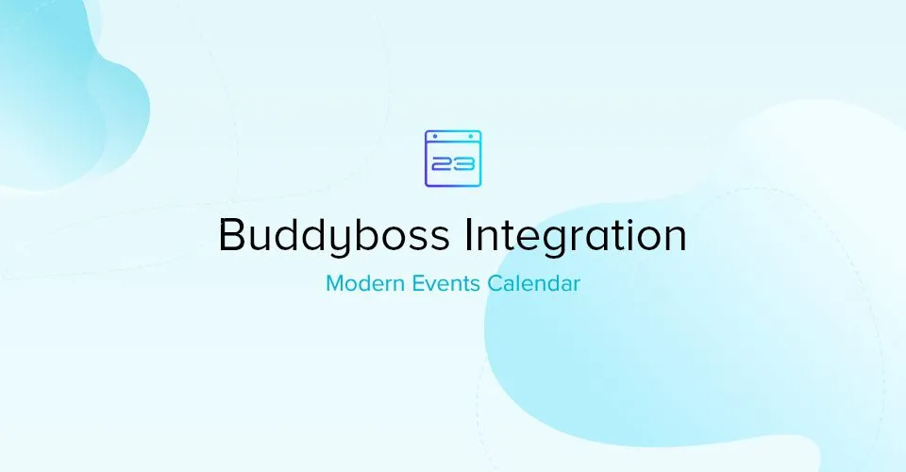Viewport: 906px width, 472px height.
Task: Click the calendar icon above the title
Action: [453, 159]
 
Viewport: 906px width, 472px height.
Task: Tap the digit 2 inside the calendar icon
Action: [443, 164]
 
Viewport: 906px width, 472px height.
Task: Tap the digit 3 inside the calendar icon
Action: [464, 164]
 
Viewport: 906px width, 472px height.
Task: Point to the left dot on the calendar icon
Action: [435, 136]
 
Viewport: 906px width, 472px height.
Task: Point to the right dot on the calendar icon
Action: [472, 136]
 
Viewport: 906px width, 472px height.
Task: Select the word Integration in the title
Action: [576, 234]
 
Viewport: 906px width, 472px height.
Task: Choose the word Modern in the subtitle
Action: [365, 283]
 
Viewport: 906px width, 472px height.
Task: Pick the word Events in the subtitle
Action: [445, 283]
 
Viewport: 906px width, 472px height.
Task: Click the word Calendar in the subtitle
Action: [533, 283]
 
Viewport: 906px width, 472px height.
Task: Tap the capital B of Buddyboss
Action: [231, 234]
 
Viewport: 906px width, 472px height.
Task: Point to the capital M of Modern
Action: [336, 283]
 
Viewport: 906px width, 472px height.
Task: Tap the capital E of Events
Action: [417, 283]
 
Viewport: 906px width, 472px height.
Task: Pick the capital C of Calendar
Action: [494, 283]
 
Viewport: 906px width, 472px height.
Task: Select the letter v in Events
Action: [431, 286]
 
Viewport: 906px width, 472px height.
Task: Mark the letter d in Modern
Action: [369, 283]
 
